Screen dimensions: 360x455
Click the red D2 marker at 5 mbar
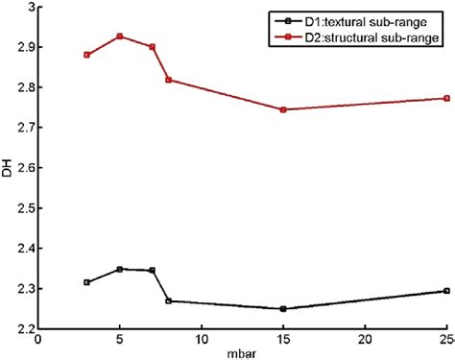tap(120, 36)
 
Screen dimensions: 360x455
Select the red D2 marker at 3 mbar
tap(86, 55)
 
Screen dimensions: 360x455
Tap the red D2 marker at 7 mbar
tap(153, 47)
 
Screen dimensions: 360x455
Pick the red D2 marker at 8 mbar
tap(169, 80)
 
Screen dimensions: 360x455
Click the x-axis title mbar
tap(243, 352)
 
